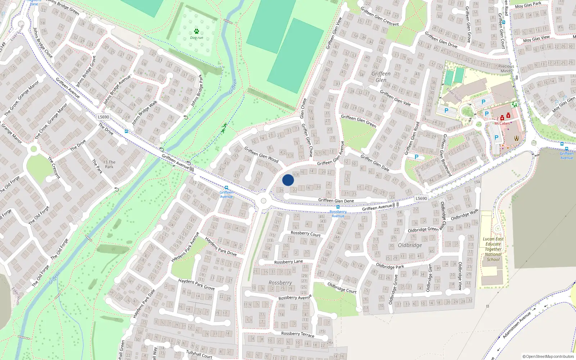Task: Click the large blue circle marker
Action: pos(288,180)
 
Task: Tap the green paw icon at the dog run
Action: pos(196,31)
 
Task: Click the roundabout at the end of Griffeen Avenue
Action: pos(264,201)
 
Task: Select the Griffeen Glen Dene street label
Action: pos(336,201)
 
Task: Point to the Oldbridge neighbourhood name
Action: pos(410,245)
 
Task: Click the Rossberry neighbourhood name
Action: pos(280,283)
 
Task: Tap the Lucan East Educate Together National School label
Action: pos(493,249)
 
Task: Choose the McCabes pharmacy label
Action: pos(502,123)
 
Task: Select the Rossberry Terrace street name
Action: pos(297,334)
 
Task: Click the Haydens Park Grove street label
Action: pos(197,284)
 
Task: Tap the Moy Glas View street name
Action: pos(536,39)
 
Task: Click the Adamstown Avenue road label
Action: pos(517,325)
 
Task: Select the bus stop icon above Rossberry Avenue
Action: pos(338,207)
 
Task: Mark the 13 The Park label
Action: pos(109,164)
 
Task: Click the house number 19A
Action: pos(477,182)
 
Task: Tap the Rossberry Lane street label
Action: pos(288,262)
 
